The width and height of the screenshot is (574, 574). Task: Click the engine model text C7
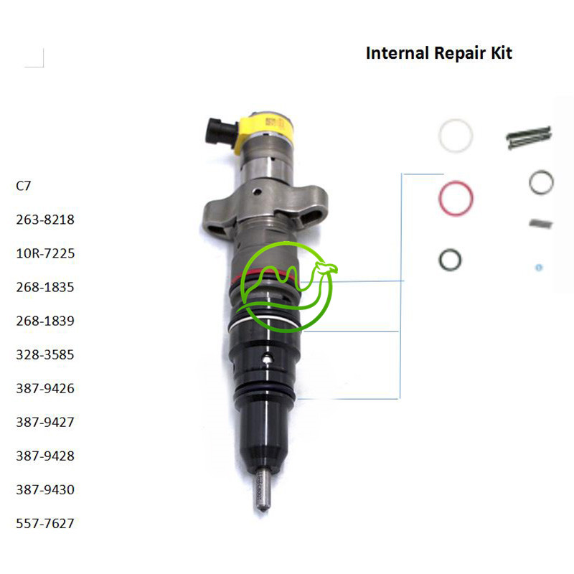tap(24, 186)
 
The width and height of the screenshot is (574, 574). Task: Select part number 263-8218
tap(45, 220)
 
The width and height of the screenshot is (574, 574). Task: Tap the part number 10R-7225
tap(45, 253)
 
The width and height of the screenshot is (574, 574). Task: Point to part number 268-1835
tap(45, 287)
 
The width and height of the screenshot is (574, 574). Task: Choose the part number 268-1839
tap(45, 321)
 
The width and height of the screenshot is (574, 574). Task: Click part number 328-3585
tap(45, 354)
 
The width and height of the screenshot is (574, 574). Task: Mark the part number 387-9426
tap(45, 388)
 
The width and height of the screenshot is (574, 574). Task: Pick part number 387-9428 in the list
tap(45, 456)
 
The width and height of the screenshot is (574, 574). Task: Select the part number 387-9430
tap(45, 489)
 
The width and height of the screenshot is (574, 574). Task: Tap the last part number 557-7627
tap(45, 523)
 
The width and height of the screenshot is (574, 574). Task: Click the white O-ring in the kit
tap(455, 135)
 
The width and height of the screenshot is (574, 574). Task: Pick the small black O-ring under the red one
tap(449, 259)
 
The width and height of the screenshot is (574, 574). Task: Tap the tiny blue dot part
tap(539, 268)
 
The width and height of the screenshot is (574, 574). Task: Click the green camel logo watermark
tap(287, 287)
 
